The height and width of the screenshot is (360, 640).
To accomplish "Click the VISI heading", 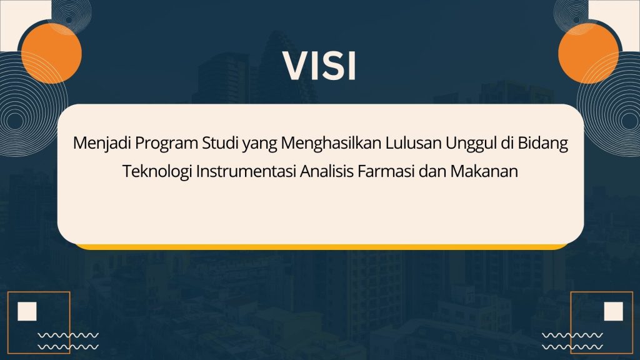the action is click(320, 65).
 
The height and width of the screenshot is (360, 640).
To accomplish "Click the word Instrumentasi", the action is click(246, 171).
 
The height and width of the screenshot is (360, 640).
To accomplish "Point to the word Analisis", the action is click(326, 171).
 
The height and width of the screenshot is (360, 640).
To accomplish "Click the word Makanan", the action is click(484, 171).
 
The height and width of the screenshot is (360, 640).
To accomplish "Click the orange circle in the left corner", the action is click(51, 54).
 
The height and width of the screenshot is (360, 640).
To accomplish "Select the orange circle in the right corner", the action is click(588, 54).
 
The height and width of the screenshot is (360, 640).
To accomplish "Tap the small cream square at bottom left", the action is click(27, 311).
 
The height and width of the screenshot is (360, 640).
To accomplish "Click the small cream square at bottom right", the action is click(614, 311).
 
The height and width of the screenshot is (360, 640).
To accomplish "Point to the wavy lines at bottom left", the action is click(68, 341).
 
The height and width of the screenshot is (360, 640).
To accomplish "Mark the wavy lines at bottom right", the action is click(572, 341).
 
